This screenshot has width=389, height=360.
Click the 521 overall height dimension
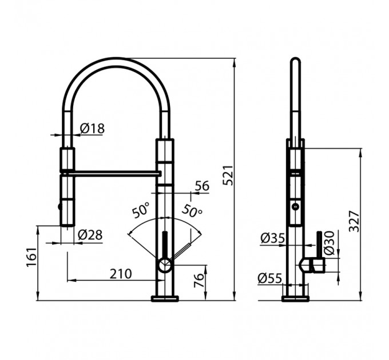coord(227,175)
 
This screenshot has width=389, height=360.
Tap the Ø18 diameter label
coord(92,129)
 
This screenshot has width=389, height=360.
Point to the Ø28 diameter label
coord(90,234)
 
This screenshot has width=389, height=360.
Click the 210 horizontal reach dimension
coord(121,274)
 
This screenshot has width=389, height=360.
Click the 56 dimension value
coord(202,186)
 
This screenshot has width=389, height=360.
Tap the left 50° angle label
coord(140,210)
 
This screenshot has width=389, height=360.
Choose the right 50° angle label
coord(192,210)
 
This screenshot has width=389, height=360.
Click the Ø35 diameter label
coord(272,238)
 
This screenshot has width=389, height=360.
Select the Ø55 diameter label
coord(269,278)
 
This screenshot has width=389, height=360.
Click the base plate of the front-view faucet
coord(165,298)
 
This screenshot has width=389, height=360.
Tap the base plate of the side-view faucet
coord(295,298)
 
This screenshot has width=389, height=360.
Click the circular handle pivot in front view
coord(164,265)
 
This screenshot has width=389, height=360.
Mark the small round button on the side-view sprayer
coord(295,206)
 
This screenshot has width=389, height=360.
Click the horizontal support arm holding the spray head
coord(112,172)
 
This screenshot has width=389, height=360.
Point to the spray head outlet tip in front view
coord(68,224)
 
